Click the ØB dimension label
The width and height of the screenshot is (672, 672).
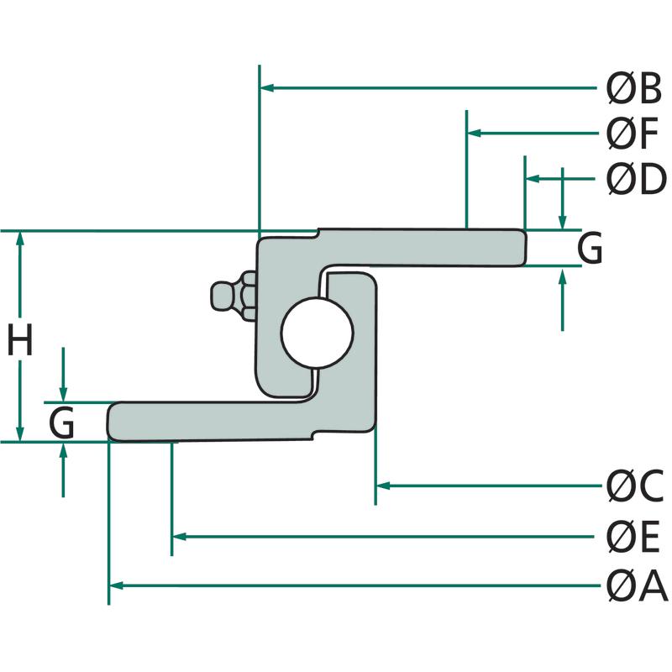(634, 87)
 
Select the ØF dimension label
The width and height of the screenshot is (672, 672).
(633, 133)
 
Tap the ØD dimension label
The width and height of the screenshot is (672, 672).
(635, 178)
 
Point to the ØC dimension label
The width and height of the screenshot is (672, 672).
(635, 485)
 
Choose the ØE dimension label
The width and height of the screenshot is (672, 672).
(634, 536)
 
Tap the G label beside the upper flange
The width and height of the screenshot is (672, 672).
(590, 249)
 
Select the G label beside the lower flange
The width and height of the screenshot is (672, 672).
(62, 423)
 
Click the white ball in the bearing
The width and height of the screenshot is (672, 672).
(317, 333)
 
